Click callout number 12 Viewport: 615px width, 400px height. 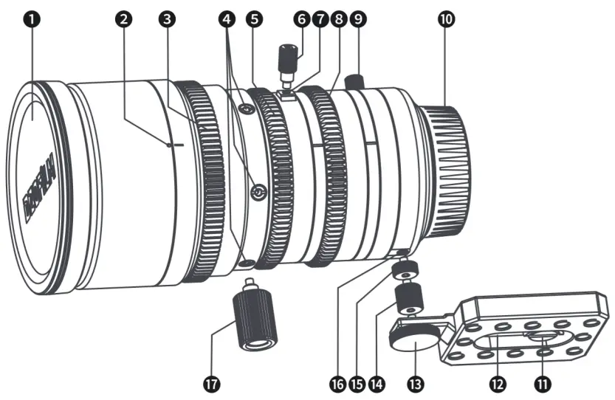(497, 383)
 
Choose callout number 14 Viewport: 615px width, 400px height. (379, 383)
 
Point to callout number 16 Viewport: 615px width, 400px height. (339, 383)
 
